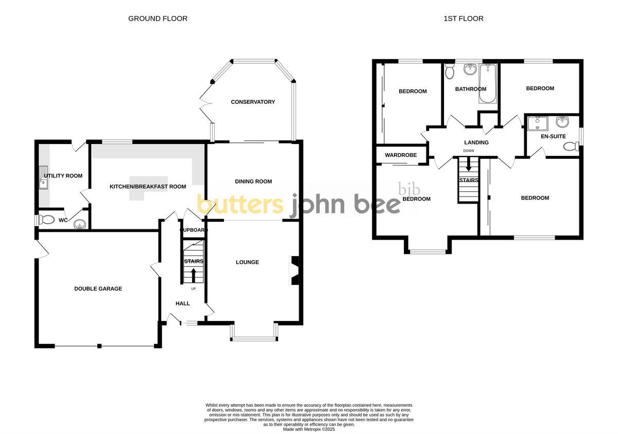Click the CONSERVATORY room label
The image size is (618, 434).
pyautogui.click(x=253, y=102)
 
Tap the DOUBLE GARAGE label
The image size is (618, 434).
pyautogui.click(x=98, y=288)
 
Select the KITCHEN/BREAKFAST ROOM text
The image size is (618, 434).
pyautogui.click(x=148, y=187)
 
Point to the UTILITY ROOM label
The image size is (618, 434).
pyautogui.click(x=63, y=176)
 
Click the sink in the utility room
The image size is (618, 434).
pyautogui.click(x=43, y=176)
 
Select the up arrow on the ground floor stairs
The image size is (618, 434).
pyautogui.click(x=194, y=276)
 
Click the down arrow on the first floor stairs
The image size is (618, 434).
pyautogui.click(x=468, y=166)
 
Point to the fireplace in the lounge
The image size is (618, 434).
pyautogui.click(x=295, y=270)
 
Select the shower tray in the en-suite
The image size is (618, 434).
pyautogui.click(x=537, y=123)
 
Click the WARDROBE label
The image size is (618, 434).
pyautogui.click(x=401, y=155)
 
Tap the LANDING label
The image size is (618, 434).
pyautogui.click(x=476, y=142)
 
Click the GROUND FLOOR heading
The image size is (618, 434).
pyautogui.click(x=158, y=19)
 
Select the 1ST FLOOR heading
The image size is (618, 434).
pyautogui.click(x=463, y=19)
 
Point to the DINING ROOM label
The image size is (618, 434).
pyautogui.click(x=253, y=181)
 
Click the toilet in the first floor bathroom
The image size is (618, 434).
pyautogui.click(x=449, y=73)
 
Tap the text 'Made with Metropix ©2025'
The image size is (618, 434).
pyautogui.click(x=309, y=429)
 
